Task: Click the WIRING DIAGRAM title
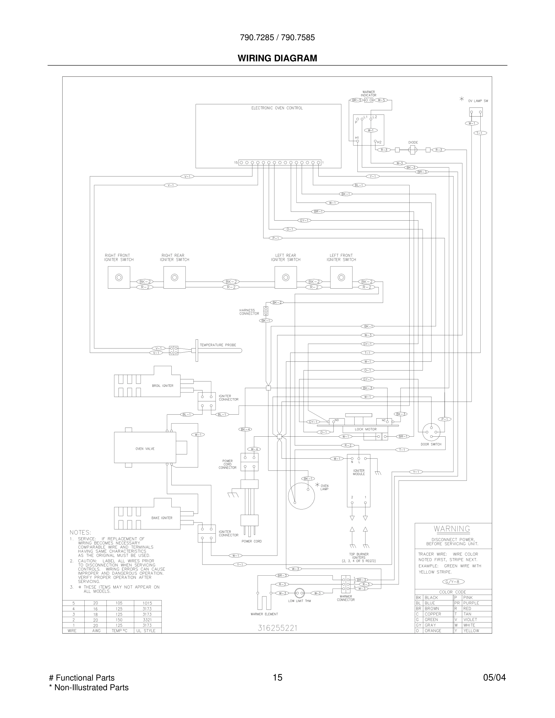pos(277,58)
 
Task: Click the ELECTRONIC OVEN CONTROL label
pos(277,108)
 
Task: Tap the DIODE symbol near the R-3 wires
pos(412,150)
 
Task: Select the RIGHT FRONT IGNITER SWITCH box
pos(119,277)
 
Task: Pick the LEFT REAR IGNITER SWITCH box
pos(285,277)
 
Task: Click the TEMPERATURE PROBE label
pos(218,345)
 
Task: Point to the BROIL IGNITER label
pos(162,386)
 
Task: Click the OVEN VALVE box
pos(145,449)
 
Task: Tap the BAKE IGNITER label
pos(162,518)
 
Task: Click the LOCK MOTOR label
pos(365,429)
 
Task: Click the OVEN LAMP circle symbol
pos(301,496)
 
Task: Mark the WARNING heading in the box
pos(452,529)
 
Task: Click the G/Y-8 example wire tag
pos(453,582)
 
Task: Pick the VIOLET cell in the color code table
pos(470,619)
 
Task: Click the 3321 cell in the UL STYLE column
pos(147,620)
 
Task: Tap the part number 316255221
pos(277,628)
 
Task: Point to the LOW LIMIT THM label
pos(299,601)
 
